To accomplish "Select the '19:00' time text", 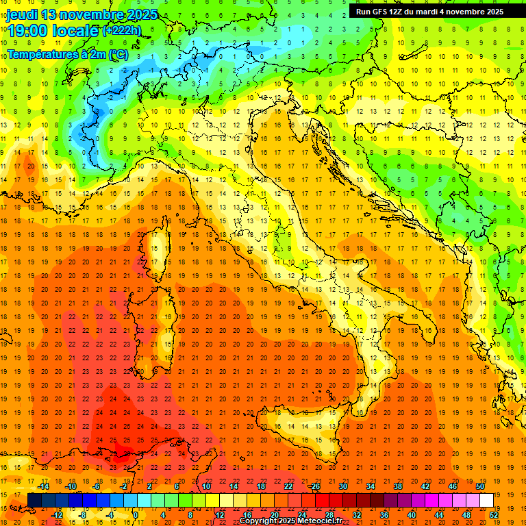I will point(27,31).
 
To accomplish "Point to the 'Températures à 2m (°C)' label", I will point(67,53).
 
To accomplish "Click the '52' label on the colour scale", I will point(494,514).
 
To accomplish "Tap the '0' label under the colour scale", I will point(136,514).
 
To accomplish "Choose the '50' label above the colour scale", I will point(479,486).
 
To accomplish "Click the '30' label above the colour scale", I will point(342,486).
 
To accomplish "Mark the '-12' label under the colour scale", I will point(57,514).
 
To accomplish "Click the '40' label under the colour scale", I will point(412,514).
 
